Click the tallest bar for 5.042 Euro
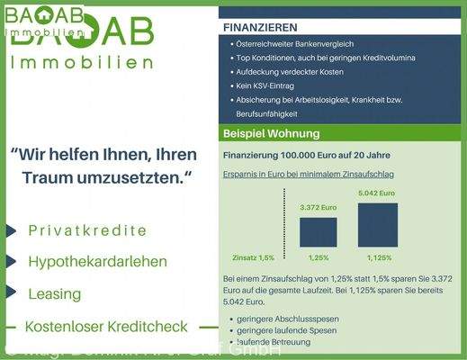[x=377, y=224]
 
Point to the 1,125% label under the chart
[x=377, y=258]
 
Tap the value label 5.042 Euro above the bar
[x=377, y=193]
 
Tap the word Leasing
[x=54, y=293]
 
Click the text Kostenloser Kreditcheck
[x=107, y=326]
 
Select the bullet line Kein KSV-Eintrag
[x=269, y=85]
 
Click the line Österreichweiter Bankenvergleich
[x=297, y=43]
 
